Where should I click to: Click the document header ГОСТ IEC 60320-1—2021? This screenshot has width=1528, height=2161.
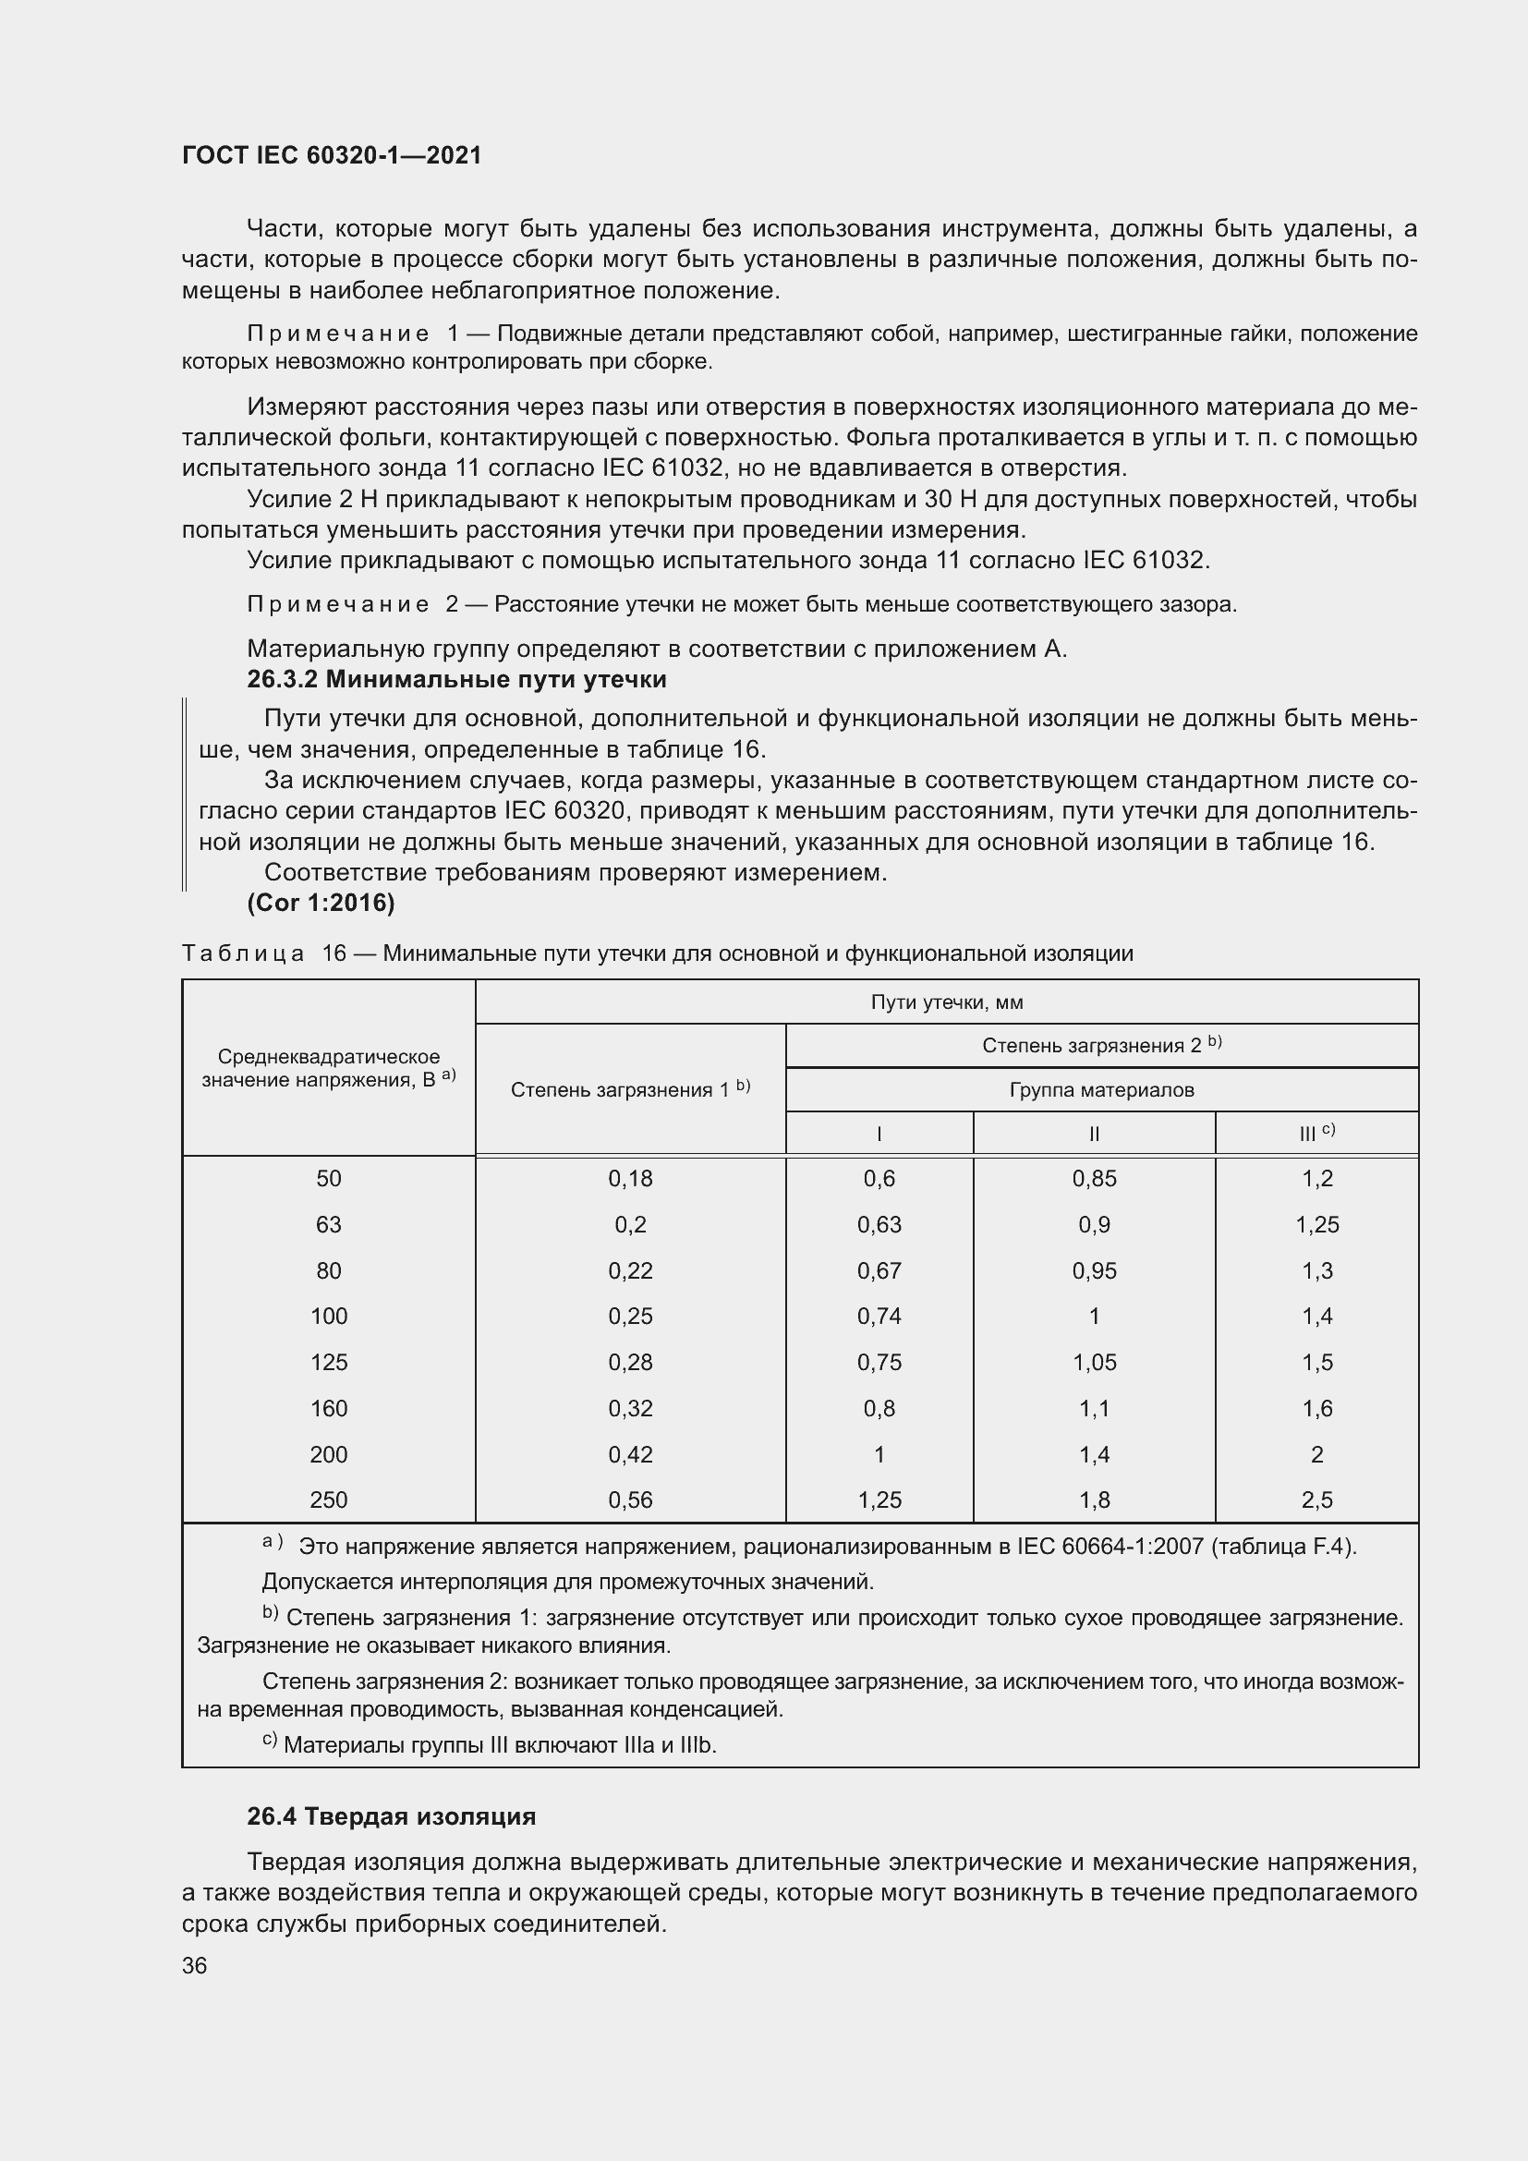point(332,156)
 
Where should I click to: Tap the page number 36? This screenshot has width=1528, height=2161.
point(195,1965)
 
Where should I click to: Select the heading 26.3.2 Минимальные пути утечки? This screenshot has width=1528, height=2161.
point(456,680)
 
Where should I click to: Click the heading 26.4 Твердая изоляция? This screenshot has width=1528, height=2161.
point(392,1815)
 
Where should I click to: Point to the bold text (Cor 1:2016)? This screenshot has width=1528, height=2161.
point(321,903)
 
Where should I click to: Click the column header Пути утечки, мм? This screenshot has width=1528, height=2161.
point(947,1002)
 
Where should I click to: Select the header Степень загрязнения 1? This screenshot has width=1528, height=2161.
point(629,1089)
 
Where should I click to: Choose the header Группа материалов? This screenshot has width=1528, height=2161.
point(1101,1090)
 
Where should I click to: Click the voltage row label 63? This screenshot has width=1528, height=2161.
point(328,1224)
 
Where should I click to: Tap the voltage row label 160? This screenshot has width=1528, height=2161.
point(328,1408)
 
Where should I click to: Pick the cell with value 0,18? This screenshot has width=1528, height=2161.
point(629,1178)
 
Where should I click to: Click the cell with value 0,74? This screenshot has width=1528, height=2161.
point(879,1316)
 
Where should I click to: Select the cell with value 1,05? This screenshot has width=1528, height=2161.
point(1093,1362)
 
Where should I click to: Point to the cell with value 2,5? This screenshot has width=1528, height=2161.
point(1316,1500)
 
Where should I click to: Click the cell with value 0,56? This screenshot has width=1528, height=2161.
point(629,1500)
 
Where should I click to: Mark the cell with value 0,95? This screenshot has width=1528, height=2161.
point(1093,1270)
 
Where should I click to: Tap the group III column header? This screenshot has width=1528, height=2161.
point(1315,1134)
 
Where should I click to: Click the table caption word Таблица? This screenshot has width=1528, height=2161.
point(243,953)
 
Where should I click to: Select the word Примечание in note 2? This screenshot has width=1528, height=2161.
point(338,604)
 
